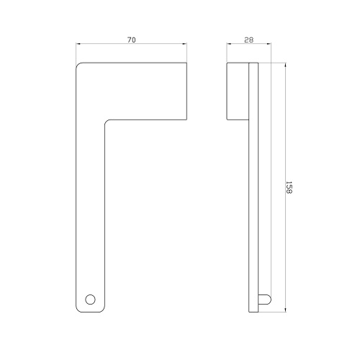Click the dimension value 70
[131, 40]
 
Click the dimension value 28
[249, 40]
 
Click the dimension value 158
[289, 187]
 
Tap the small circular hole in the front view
[90, 300]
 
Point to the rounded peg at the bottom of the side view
[265, 300]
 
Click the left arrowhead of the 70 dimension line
[78, 44]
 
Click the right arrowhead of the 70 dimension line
[185, 44]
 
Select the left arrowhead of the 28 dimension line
[229, 44]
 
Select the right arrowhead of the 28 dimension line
[269, 44]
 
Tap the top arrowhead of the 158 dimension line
[285, 65]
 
